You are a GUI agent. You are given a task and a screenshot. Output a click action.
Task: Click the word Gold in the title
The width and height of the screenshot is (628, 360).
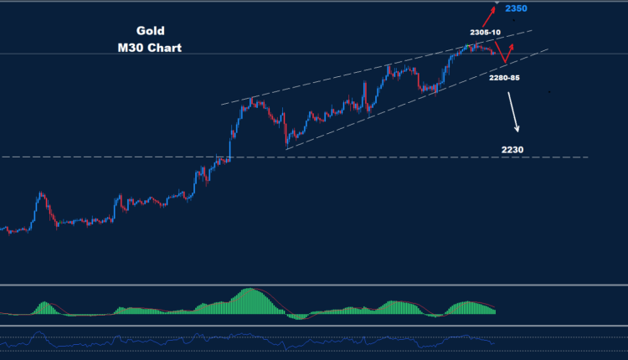(150, 30)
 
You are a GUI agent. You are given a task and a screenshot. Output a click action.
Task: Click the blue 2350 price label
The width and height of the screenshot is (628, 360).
(516, 8)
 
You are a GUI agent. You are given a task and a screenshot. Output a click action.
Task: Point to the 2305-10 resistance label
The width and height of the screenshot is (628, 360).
(486, 32)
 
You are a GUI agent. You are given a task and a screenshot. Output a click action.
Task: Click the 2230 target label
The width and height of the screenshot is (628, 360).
(512, 150)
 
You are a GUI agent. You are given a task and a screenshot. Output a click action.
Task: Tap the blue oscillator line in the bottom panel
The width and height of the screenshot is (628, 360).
(251, 339)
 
